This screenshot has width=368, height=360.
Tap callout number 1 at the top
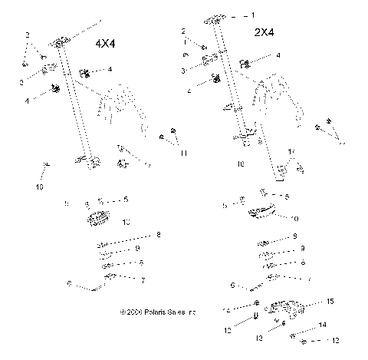point(254,15)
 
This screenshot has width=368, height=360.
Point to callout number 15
point(330,302)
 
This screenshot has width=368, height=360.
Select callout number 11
point(184,154)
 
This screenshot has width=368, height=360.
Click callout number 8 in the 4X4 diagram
point(158,234)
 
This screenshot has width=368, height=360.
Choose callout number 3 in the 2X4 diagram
point(184,70)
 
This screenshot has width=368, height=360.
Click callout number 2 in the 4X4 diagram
point(28,35)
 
